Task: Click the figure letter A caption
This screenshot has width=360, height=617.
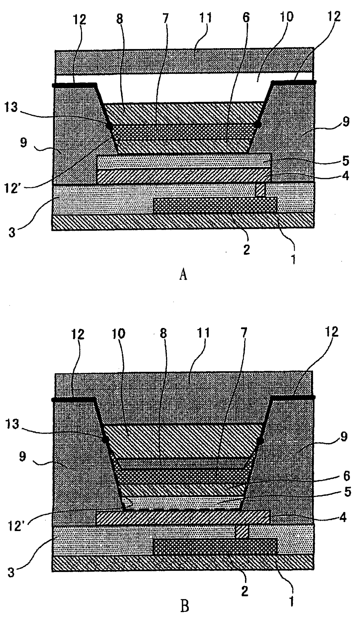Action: [x=183, y=274]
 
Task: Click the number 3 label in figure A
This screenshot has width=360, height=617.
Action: [x=12, y=232]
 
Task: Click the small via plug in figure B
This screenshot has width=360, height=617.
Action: [x=242, y=531]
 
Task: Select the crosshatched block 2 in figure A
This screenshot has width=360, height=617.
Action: [x=215, y=205]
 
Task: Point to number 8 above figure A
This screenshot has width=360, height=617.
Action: [x=119, y=19]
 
